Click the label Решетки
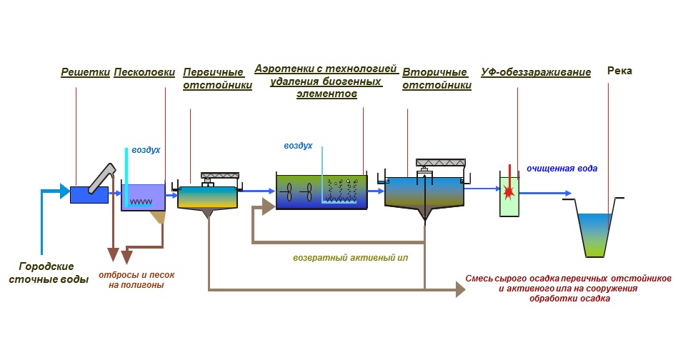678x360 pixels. tap(85, 72)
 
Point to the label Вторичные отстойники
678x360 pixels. tap(437, 79)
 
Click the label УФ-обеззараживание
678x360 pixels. tap(536, 72)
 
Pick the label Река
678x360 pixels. tap(619, 71)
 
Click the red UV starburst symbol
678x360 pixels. tap(509, 191)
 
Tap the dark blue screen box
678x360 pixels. tap(89, 194)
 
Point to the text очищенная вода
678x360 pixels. tap(562, 169)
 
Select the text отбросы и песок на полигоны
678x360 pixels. tap(136, 279)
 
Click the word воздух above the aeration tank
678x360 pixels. tap(298, 146)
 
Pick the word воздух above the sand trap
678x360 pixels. tap(146, 151)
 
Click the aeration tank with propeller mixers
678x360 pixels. tap(321, 191)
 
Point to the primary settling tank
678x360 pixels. tap(207, 198)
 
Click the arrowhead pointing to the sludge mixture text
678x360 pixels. tap(458, 289)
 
